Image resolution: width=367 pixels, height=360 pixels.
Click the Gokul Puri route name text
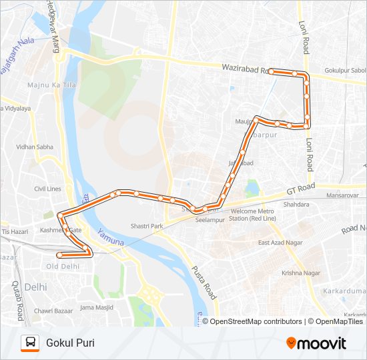70,343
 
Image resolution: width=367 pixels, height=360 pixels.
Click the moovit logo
316,343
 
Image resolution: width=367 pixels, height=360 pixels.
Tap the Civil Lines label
48,189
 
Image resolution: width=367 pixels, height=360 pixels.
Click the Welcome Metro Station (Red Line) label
252,215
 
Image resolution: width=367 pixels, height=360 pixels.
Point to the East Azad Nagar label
282,242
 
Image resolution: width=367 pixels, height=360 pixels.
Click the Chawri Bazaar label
53,310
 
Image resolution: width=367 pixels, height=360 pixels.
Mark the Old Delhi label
62,267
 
